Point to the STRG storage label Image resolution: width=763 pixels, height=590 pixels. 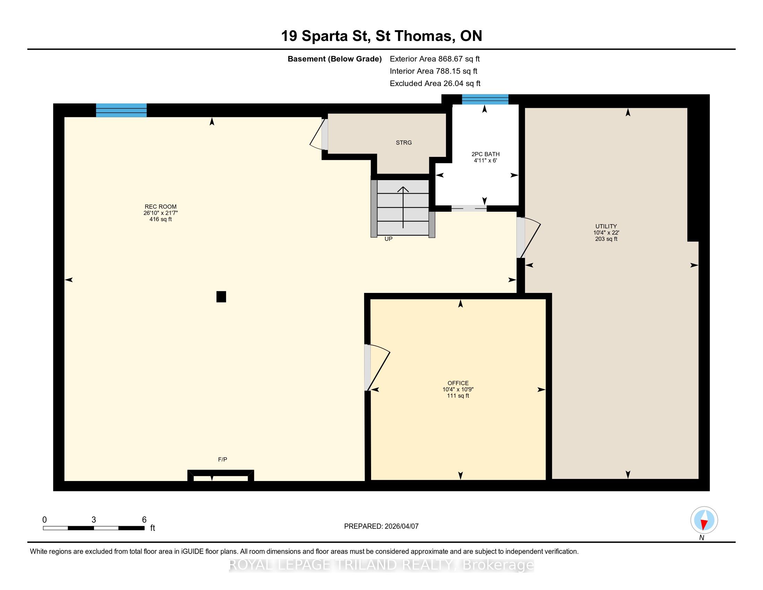404,143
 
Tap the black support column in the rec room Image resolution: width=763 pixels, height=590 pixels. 221,297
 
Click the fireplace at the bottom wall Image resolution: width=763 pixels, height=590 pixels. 221,476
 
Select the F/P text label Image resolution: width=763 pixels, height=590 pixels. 223,459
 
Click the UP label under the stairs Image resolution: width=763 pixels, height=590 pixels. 388,239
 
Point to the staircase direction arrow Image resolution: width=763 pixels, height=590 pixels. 403,207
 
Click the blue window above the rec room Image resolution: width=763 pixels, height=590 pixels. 121,110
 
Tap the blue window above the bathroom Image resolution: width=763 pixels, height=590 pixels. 485,99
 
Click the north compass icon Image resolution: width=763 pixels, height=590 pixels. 704,520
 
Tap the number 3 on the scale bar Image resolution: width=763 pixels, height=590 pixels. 94,520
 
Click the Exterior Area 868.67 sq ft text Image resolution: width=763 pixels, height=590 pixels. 435,59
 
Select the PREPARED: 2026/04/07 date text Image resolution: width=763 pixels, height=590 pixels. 381,526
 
